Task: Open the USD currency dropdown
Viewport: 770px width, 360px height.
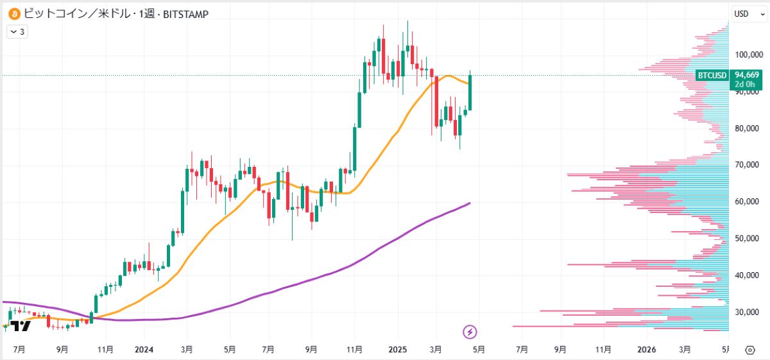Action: [745, 13]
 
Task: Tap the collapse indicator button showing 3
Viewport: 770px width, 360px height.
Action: [17, 31]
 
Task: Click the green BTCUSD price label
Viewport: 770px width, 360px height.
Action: [712, 76]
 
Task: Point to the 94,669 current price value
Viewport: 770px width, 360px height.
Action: [748, 75]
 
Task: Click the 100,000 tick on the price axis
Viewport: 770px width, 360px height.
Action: [748, 55]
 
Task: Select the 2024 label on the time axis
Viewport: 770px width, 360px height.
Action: [144, 350]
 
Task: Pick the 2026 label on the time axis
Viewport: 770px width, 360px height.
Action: [647, 350]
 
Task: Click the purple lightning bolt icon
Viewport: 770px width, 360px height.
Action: [470, 332]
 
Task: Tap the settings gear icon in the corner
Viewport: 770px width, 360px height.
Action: [749, 350]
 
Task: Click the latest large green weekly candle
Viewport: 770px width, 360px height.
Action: [470, 92]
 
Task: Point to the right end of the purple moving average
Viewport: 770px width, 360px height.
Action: [470, 203]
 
